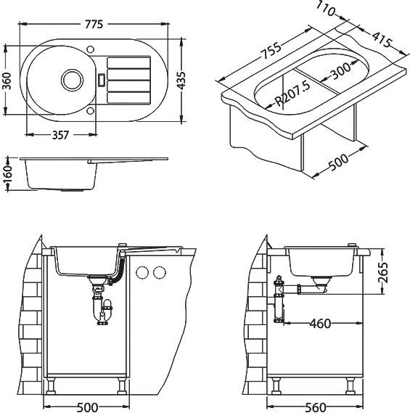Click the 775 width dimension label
coord(94,24)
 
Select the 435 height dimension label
coord(181,81)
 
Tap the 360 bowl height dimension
coord(7,81)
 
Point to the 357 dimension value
coord(60,135)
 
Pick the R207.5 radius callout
coord(292,94)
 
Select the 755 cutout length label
coord(271,51)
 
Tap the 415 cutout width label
coord(382,39)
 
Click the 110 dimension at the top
coord(326,9)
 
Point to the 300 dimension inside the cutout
coord(341,71)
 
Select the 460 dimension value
coord(320,324)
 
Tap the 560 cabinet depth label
coord(316,407)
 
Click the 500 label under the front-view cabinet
coord(88,407)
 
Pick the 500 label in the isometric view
coord(338,163)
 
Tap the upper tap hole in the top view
coord(90,49)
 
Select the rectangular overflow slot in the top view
coord(102,80)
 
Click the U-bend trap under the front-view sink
coord(103,310)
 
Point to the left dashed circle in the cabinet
coord(142,272)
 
